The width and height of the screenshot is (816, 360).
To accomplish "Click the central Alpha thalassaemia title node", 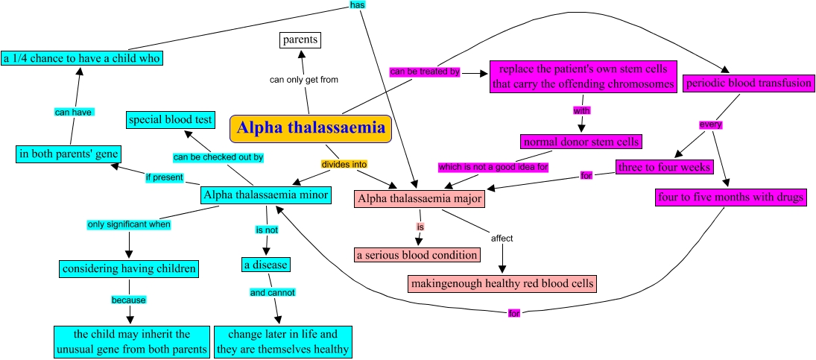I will point(310,129).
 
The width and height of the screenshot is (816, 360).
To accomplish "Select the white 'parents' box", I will point(300,40).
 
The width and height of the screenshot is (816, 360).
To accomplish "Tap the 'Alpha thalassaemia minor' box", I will point(266,195).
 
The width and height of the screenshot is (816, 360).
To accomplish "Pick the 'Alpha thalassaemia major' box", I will point(420,198).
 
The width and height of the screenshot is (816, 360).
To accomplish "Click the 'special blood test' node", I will point(171,119).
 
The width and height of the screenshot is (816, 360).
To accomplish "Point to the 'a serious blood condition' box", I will point(417,255).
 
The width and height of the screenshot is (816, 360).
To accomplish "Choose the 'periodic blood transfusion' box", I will point(748,83).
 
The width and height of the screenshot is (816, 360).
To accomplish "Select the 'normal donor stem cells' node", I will point(581,141).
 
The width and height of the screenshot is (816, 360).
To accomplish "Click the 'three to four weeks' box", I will point(664,166).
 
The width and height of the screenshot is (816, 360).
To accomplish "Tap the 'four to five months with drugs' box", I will point(730,198).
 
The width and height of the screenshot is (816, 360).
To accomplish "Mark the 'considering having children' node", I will point(129,268).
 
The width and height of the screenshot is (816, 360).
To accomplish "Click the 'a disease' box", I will point(265,264).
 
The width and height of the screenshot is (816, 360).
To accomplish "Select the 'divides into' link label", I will point(344,163).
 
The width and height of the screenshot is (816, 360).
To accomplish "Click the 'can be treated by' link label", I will point(424,72).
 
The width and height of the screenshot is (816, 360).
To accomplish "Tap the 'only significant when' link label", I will point(129,224).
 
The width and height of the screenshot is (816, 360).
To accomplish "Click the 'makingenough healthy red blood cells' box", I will point(502,283).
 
